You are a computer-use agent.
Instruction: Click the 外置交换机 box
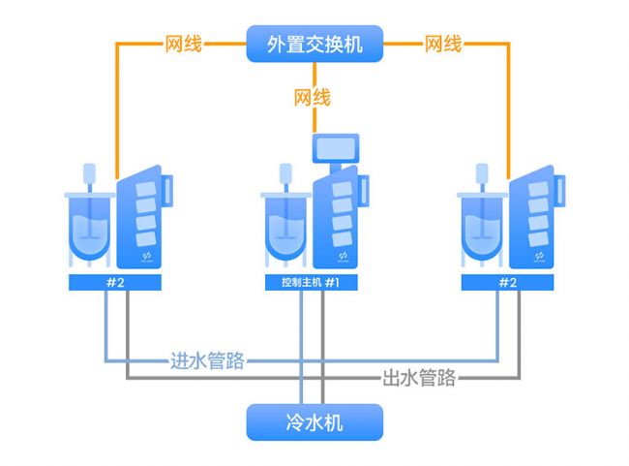point(314,44)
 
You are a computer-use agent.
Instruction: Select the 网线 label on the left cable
point(184,44)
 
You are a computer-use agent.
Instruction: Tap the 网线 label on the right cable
point(443,44)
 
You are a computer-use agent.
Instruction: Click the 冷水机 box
point(314,422)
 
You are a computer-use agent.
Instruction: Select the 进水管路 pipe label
point(207,361)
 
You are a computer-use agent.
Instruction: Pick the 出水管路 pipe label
point(419,378)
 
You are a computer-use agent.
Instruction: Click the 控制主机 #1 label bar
point(314,282)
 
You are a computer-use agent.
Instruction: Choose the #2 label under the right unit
point(507,282)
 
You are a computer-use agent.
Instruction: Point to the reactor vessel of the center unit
point(285,227)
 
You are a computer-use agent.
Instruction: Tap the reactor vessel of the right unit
point(482,227)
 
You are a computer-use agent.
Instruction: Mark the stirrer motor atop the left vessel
point(90,174)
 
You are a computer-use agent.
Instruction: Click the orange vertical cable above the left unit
point(117,107)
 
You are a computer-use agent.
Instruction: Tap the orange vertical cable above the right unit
point(511,107)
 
